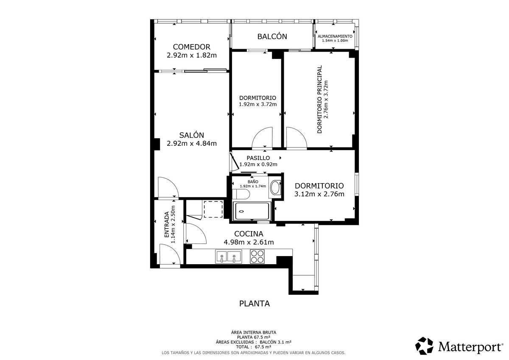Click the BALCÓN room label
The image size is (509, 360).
272,36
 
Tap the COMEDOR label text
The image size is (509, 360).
192,47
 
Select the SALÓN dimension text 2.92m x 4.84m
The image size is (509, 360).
192,144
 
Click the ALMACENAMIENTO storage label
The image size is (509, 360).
335,36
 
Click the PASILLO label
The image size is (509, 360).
258,158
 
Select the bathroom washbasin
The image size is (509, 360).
275,187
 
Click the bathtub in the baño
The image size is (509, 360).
252,211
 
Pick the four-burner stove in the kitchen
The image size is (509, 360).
257,257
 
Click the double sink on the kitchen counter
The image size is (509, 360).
228,257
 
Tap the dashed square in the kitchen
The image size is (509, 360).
213,209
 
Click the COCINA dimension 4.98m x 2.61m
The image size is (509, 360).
249,243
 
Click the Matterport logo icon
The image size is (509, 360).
424,346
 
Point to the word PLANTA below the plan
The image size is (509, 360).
255,304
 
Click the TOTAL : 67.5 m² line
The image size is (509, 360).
254,347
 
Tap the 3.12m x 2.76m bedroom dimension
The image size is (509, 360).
319,194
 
